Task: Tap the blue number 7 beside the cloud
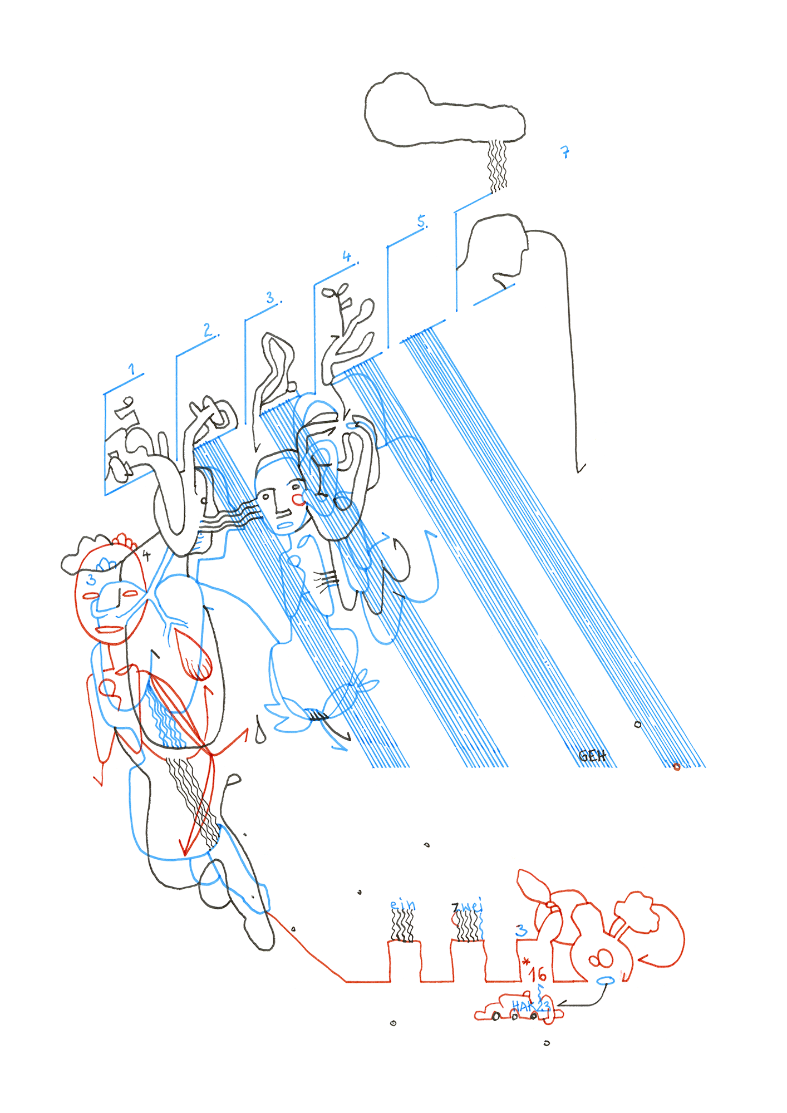[565, 152]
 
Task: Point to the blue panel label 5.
[422, 221]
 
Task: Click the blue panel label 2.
[208, 330]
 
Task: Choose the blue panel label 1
[132, 369]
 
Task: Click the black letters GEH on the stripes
[592, 756]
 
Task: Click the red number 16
[538, 974]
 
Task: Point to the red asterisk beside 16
[526, 961]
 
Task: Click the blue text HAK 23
[530, 1006]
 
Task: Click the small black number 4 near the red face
[146, 554]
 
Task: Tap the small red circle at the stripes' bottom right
[676, 767]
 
